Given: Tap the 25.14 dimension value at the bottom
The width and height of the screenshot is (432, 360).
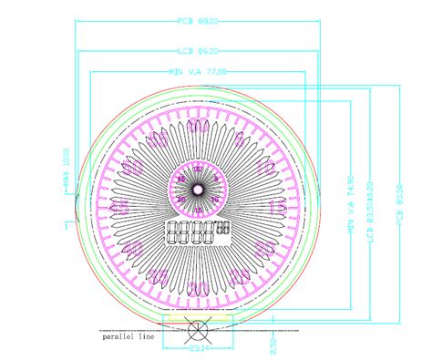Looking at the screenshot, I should [198, 347].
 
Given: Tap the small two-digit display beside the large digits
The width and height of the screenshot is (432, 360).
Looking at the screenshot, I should [224, 228].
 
